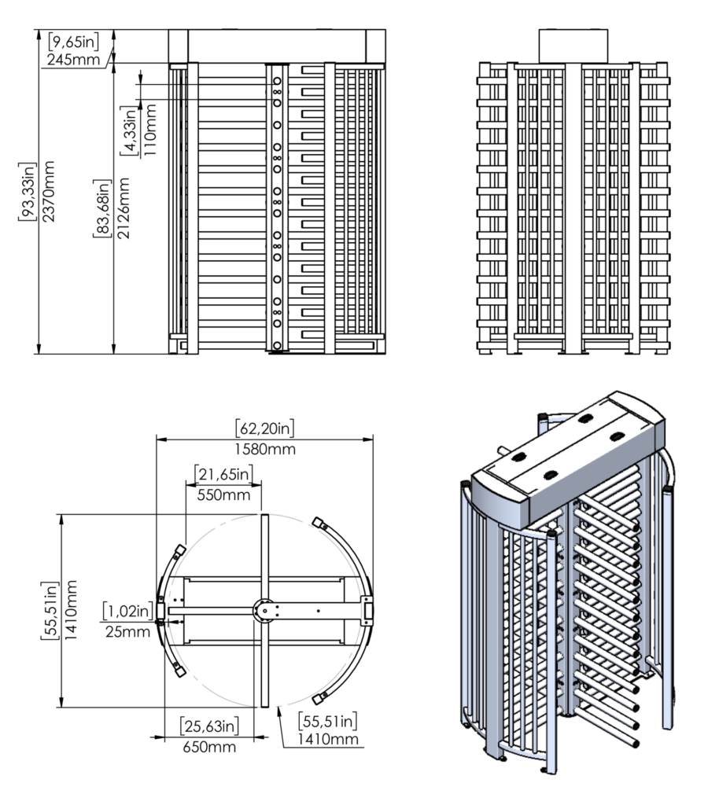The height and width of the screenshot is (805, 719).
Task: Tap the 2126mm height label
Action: tap(122, 208)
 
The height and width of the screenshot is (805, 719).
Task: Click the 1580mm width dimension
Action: tap(264, 449)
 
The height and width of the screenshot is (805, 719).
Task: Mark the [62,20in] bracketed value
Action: tap(264, 429)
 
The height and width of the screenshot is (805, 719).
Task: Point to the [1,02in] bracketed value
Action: tap(127, 611)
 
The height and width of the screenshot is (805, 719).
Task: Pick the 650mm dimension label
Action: tap(208, 746)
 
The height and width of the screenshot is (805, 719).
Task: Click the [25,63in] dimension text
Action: tap(208, 725)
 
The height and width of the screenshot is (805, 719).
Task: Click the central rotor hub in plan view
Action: tap(264, 609)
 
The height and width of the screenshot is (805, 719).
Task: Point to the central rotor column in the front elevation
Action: tap(277, 208)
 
